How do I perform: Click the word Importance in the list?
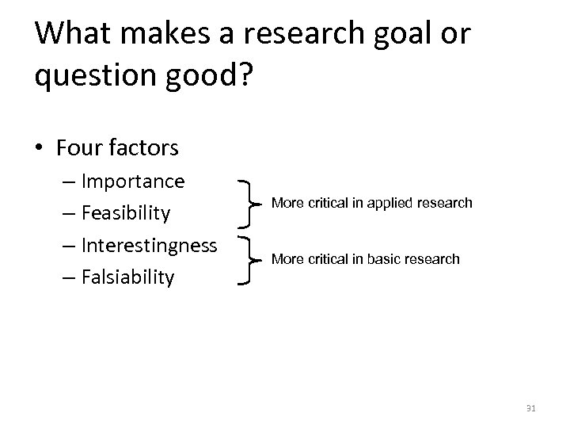coord(133,182)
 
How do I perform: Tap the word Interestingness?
coord(149,246)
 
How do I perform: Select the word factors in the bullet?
coord(144,147)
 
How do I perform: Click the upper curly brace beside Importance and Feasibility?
coord(252,204)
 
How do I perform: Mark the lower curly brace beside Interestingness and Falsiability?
coord(252,259)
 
